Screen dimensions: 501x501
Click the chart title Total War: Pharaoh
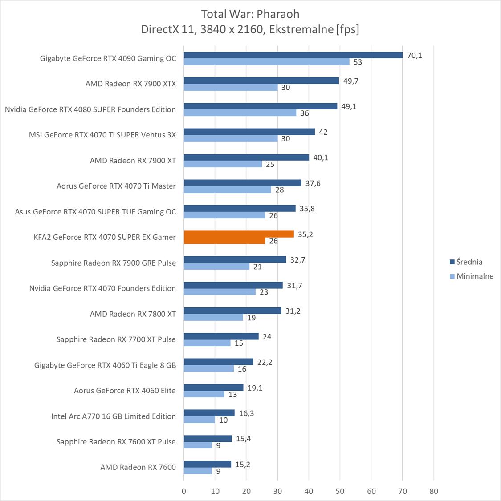[x=250, y=13]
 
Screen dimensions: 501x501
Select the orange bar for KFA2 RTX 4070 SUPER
[x=239, y=234]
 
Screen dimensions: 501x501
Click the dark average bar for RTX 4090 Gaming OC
[x=293, y=55]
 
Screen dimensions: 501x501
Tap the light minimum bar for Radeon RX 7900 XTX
[x=231, y=88]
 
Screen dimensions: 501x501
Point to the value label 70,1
[x=414, y=55]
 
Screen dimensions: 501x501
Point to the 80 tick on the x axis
[x=434, y=491]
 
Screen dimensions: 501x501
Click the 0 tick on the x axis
[x=184, y=491]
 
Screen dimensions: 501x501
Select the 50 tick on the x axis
[x=340, y=491]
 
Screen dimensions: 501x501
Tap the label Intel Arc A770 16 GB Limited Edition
[x=113, y=416]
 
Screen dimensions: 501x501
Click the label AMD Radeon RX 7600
[x=138, y=467]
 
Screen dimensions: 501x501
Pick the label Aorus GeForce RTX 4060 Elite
[x=125, y=391]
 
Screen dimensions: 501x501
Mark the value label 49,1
[x=348, y=107]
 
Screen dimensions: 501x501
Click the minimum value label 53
[x=358, y=62]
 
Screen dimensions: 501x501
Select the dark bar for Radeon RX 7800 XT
[x=232, y=311]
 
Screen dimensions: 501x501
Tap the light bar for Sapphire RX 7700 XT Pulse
[x=207, y=343]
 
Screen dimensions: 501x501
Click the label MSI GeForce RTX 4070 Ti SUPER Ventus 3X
[x=102, y=135]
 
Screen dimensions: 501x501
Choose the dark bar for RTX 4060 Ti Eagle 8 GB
[x=218, y=362]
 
